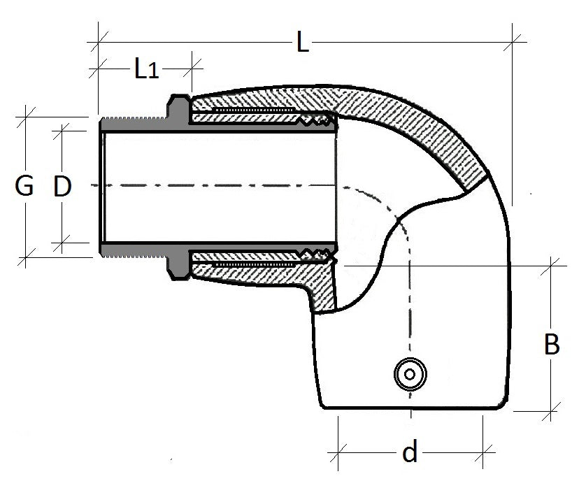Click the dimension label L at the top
301,43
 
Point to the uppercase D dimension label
63,187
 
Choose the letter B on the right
552,345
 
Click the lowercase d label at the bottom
410,453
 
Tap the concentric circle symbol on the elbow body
410,374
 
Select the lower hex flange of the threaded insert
178,264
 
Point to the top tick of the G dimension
27,117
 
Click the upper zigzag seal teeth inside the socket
318,121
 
